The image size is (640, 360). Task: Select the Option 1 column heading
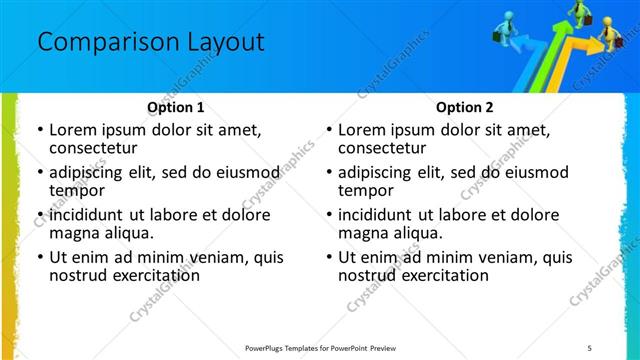[175, 107]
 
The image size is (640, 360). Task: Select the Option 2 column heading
[464, 107]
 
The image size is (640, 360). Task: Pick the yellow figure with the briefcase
[611, 37]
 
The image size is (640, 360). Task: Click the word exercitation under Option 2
[439, 275]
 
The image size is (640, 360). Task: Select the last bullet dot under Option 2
[328, 257]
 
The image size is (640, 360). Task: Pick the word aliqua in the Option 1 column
[127, 233]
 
